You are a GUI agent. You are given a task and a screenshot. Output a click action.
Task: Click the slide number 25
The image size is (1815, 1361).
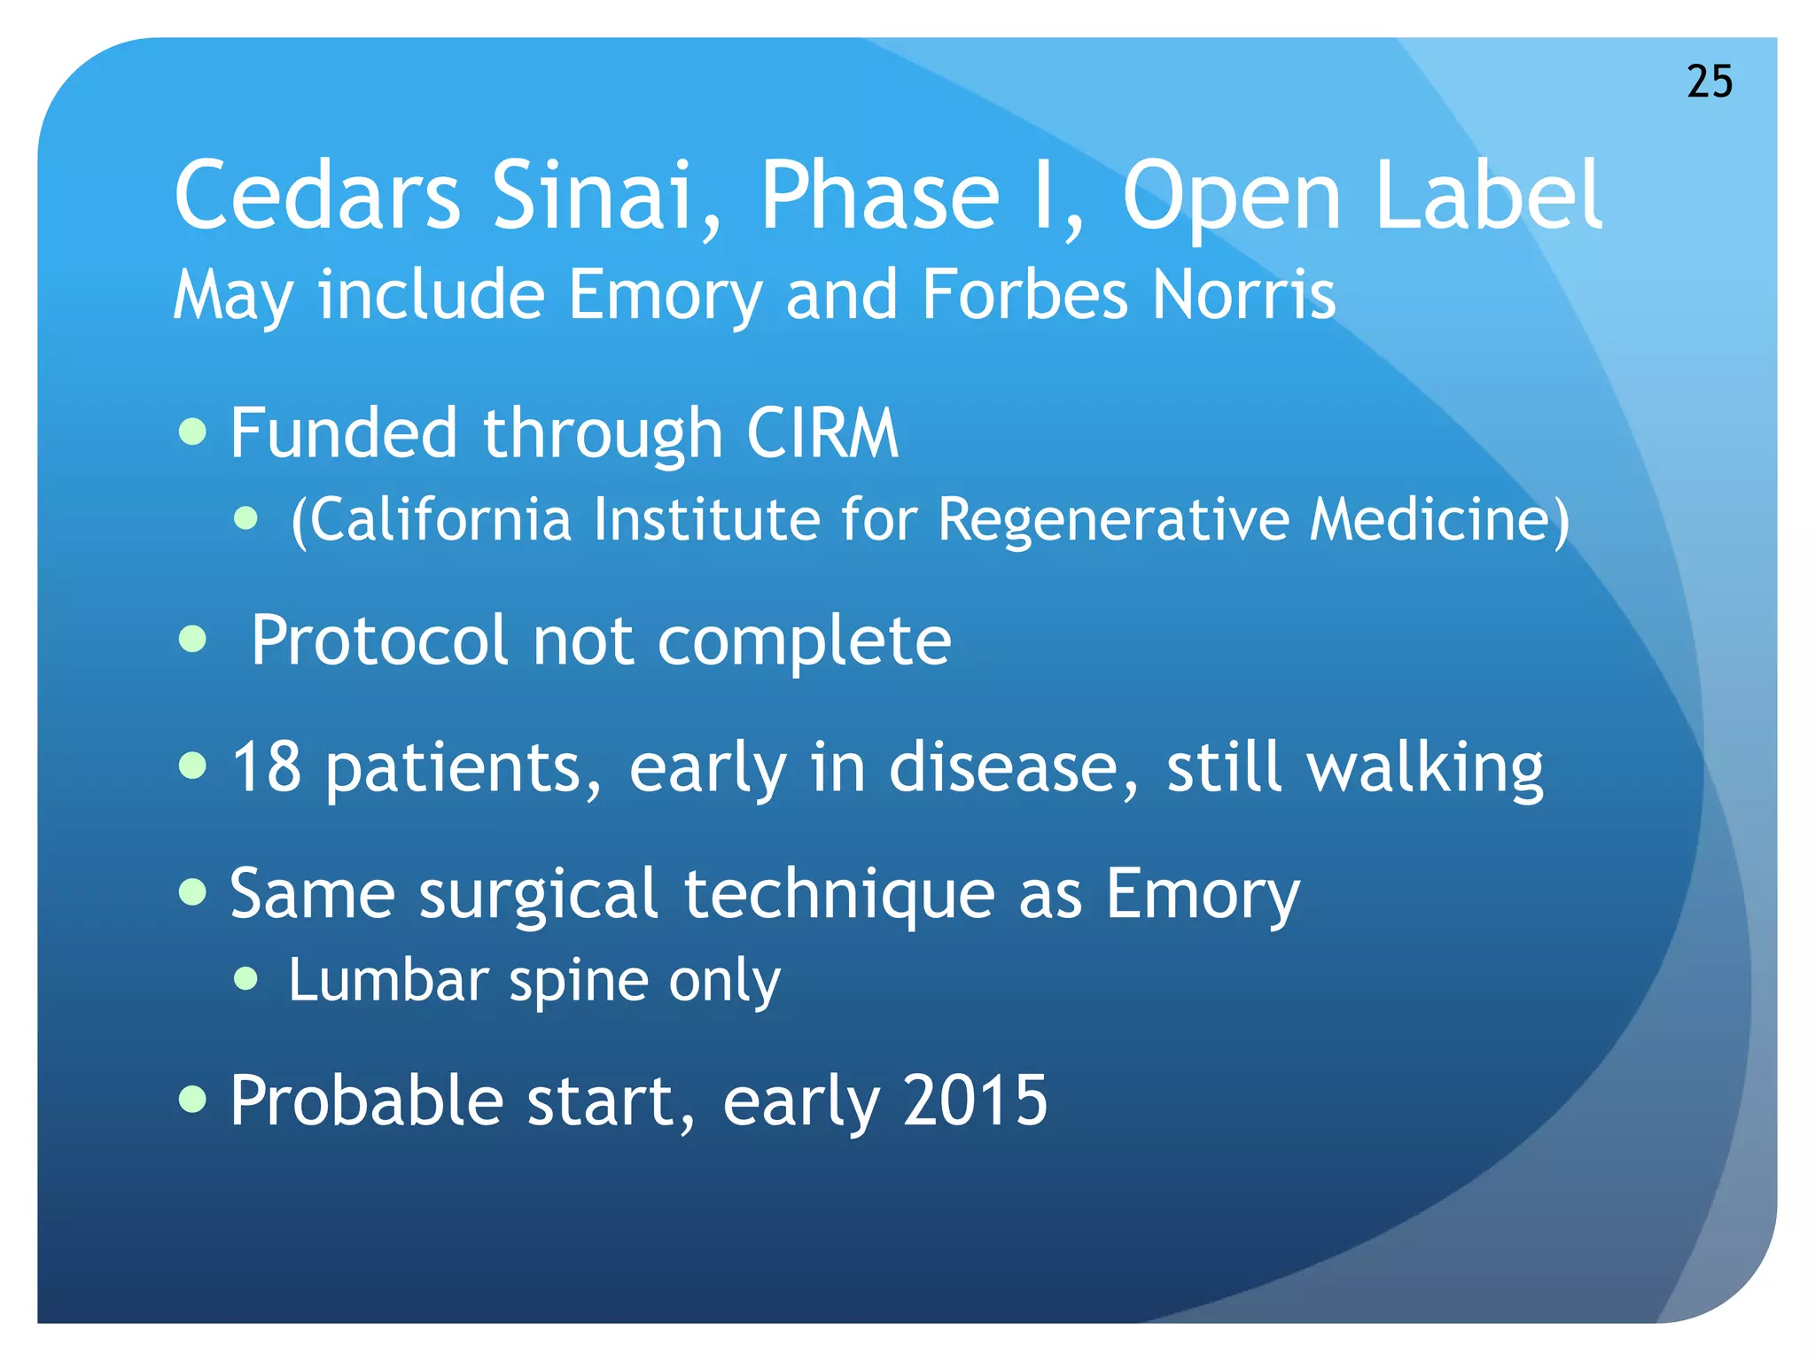click(1709, 82)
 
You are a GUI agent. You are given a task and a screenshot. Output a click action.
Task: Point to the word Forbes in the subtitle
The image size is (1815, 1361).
click(1024, 294)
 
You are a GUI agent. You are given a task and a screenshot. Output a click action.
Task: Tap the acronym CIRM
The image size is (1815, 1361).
click(822, 433)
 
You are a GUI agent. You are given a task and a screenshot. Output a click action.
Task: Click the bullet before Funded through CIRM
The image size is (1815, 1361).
click(192, 432)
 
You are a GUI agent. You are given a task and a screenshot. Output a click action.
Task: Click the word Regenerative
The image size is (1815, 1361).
click(1113, 519)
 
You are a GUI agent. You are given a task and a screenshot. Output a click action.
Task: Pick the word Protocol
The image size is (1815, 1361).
click(379, 641)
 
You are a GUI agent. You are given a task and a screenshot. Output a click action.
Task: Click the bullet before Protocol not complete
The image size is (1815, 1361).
click(192, 639)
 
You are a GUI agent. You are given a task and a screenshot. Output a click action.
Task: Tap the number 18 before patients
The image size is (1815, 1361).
click(266, 766)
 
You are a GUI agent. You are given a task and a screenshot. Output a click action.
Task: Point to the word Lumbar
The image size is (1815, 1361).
click(388, 980)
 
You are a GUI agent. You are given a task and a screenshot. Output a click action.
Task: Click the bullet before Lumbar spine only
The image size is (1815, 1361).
click(245, 979)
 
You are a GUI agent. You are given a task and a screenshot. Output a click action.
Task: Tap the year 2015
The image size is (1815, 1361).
click(976, 1100)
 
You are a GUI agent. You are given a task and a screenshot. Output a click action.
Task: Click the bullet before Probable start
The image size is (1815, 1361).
click(192, 1100)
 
